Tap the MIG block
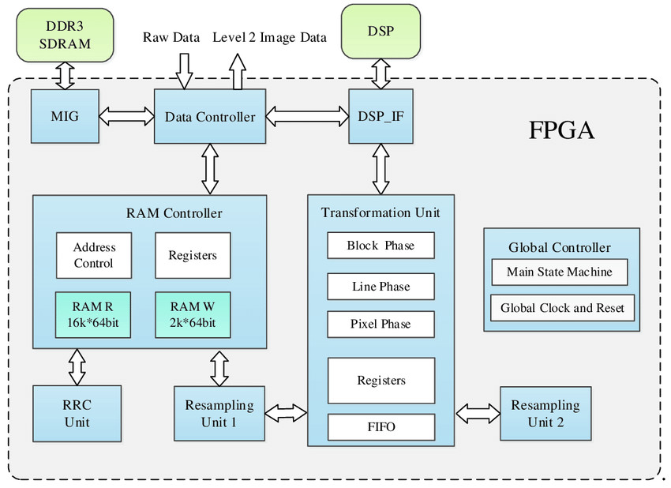pos(64,116)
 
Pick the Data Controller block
pos(209,117)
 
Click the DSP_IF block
pos(381,117)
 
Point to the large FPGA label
pos(561,131)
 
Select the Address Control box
pos(93,255)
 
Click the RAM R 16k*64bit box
pos(93,313)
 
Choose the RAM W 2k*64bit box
pos(193,313)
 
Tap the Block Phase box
pos(381,245)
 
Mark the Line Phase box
pos(381,286)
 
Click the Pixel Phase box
pos(381,324)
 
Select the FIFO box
pos(381,427)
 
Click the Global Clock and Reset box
pos(562,307)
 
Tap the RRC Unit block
pos(77,413)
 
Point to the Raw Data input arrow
pos(184,69)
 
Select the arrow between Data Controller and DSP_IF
pos(307,117)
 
